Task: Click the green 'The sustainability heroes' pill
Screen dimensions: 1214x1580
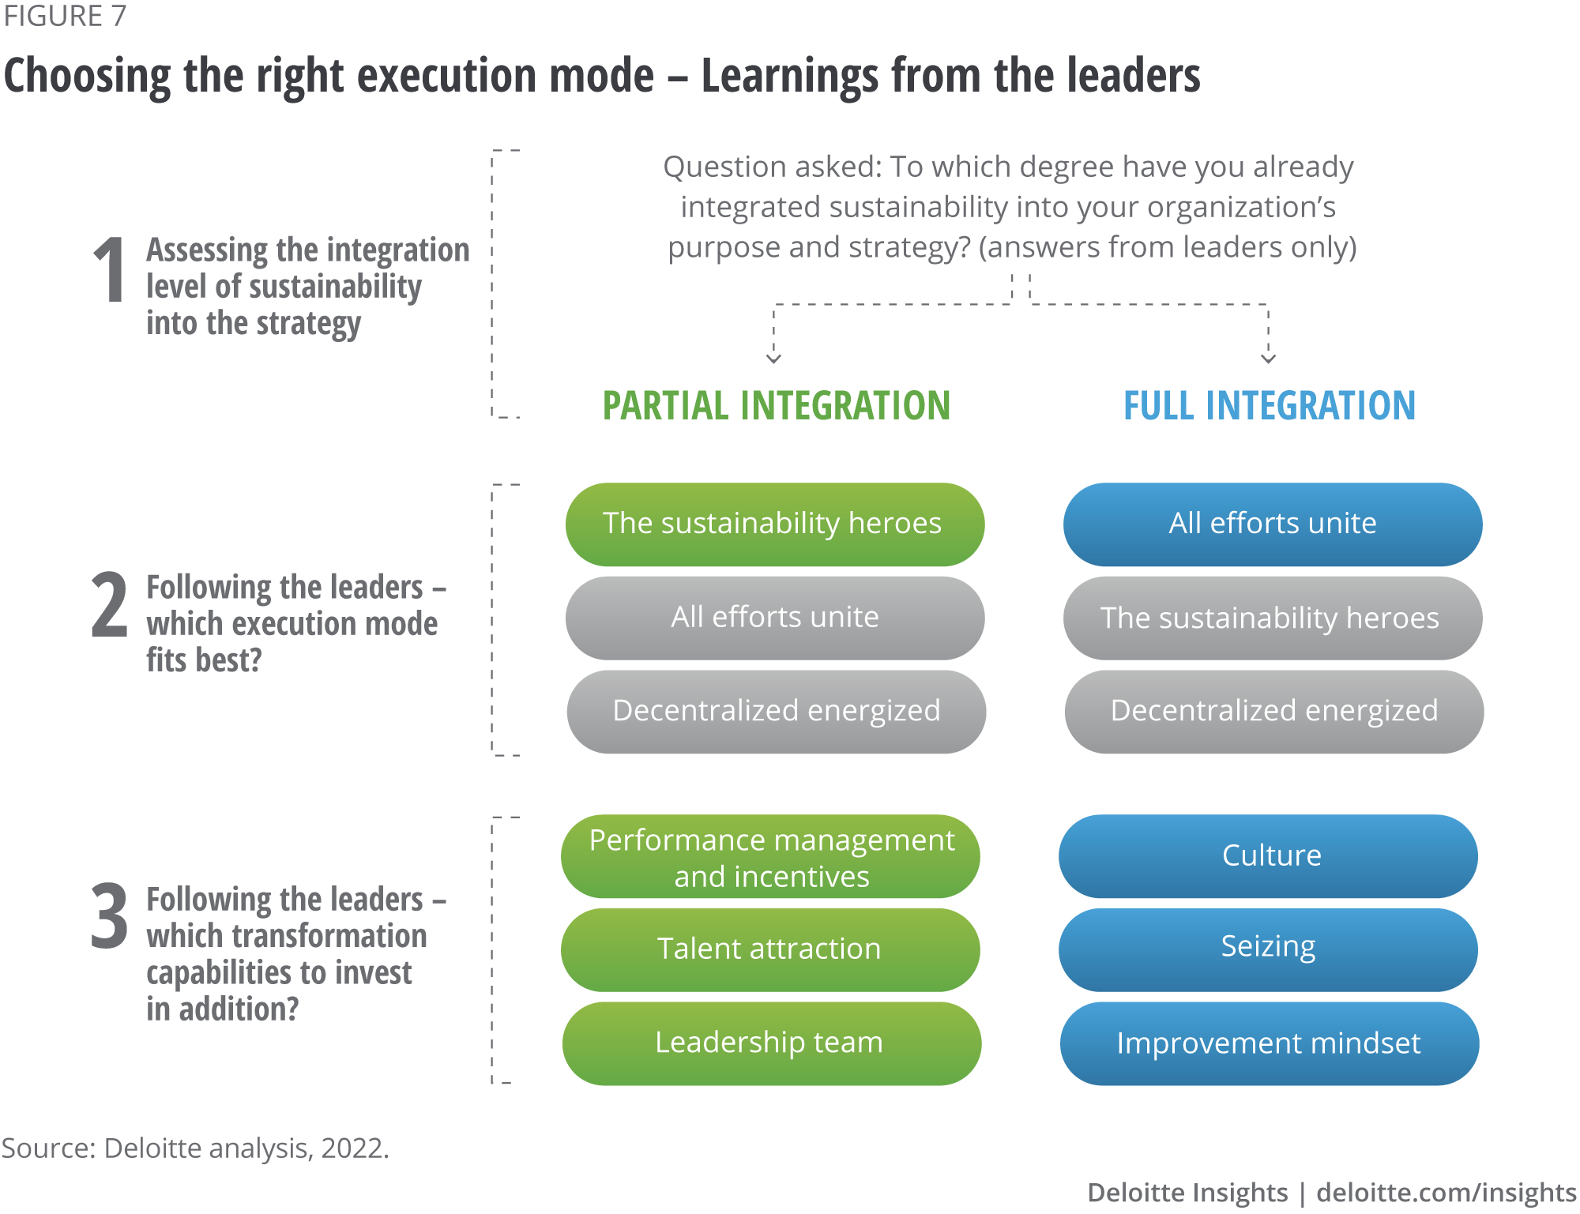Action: click(x=774, y=524)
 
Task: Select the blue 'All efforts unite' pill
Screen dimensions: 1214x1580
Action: click(x=1272, y=524)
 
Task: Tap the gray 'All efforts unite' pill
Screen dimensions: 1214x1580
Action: click(x=774, y=618)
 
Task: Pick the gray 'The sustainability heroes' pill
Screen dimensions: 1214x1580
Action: click(x=1272, y=618)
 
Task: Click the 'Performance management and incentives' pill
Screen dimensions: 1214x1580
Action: click(x=771, y=857)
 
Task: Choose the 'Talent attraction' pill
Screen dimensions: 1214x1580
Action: click(x=771, y=949)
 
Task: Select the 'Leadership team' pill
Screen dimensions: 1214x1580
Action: click(x=771, y=1043)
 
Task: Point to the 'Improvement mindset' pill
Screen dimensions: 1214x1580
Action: click(x=1269, y=1043)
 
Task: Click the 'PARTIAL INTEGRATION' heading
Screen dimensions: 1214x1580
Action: click(x=776, y=406)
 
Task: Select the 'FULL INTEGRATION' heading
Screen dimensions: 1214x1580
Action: click(x=1269, y=406)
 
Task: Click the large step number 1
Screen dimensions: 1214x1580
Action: click(x=110, y=270)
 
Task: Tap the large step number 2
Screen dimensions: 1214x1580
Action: click(x=109, y=605)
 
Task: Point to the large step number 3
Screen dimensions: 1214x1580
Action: click(x=109, y=916)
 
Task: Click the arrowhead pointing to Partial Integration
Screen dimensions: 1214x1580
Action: click(x=773, y=359)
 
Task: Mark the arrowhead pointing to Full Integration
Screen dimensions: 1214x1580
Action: click(x=1268, y=359)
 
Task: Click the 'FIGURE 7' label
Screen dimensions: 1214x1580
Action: click(x=65, y=16)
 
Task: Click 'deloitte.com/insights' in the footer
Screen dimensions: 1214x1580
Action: click(x=1446, y=1193)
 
